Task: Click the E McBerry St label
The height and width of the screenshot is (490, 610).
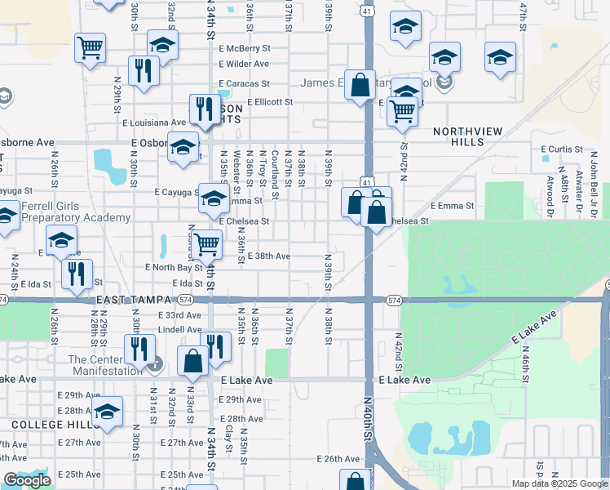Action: tap(244, 48)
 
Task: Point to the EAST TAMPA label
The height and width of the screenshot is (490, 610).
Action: tap(125, 301)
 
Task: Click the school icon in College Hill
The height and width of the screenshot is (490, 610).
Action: tap(107, 412)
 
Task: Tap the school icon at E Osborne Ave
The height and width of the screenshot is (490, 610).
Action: tap(183, 146)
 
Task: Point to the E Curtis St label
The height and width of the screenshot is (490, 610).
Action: tap(563, 149)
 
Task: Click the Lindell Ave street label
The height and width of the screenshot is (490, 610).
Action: tap(179, 330)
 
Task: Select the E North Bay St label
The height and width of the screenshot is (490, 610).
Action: tap(173, 267)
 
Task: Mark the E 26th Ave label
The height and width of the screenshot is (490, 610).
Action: tap(338, 460)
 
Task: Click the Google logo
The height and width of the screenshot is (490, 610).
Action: tap(27, 481)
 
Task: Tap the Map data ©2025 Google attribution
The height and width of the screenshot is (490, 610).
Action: tap(559, 483)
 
